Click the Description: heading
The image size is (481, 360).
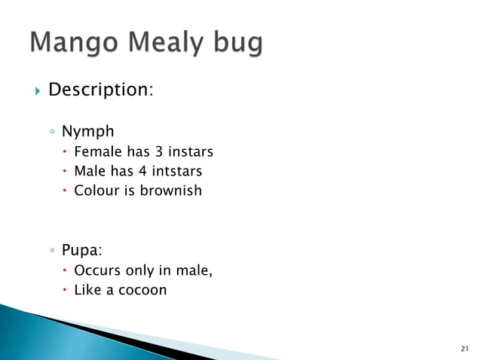pos(101,90)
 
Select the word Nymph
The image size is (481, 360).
pos(87,132)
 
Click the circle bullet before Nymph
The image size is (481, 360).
pos(51,133)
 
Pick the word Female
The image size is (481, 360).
pos(97,154)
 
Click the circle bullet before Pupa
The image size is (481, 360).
pos(51,250)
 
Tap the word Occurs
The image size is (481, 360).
pos(98,271)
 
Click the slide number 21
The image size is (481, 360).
pos(463,348)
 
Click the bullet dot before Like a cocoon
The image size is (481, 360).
pos(66,290)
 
